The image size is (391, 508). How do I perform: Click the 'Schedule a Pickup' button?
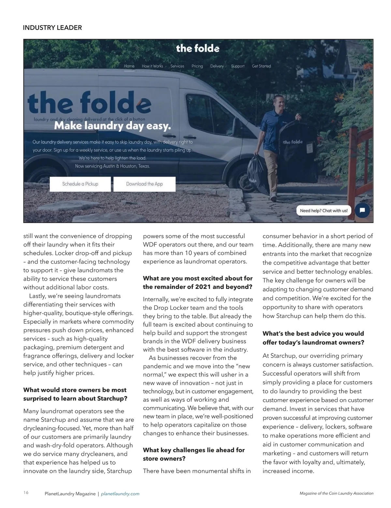tap(80, 184)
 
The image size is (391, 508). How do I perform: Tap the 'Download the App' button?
tap(144, 184)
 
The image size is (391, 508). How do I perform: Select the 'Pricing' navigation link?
tap(197, 66)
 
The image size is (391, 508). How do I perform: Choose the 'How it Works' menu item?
tap(152, 66)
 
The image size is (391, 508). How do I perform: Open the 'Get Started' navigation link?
tap(261, 66)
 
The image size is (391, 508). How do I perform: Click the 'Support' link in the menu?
tap(238, 66)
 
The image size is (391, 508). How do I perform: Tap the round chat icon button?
tap(362, 210)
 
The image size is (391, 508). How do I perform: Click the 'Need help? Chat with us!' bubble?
tap(324, 211)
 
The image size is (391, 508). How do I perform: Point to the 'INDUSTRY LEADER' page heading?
tap(52, 28)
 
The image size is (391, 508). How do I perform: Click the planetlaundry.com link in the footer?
tap(120, 494)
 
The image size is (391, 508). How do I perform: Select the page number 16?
tap(26, 493)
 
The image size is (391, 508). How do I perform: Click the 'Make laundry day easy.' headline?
tap(112, 126)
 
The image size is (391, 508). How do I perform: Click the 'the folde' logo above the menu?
tap(198, 49)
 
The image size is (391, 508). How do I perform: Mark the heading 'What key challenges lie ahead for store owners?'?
tap(194, 454)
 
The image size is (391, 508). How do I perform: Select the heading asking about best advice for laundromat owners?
tap(313, 338)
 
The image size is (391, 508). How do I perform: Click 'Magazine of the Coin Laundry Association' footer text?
tap(336, 493)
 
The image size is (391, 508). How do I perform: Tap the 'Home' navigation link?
tap(129, 66)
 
